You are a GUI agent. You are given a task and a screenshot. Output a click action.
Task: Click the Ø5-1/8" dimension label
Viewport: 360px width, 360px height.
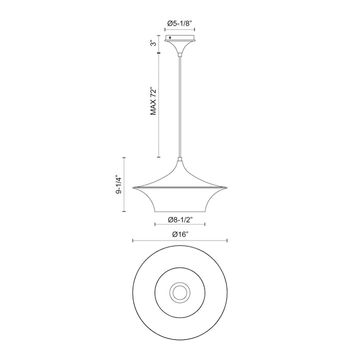[x=180, y=23]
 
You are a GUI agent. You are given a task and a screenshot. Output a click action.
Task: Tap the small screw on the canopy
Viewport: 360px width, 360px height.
[x=171, y=37]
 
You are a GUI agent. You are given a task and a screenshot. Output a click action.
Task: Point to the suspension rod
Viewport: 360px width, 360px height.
[x=179, y=105]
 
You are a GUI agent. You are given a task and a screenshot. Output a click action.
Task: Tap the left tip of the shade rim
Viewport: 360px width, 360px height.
[x=133, y=188]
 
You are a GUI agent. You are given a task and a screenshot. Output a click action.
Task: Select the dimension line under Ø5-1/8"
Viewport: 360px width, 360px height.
[x=180, y=30]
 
